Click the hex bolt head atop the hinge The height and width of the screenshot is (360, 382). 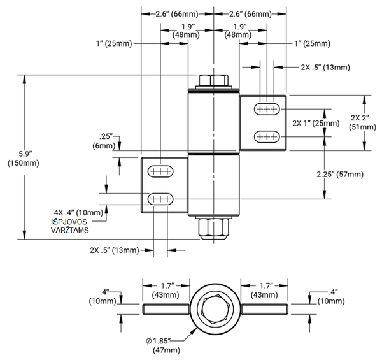click(213, 80)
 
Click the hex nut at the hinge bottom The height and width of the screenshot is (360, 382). click(213, 227)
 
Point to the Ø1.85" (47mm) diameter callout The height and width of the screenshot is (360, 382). click(167, 345)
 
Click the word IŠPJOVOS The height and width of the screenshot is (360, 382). click(68, 221)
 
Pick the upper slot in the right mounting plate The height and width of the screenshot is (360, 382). click(268, 110)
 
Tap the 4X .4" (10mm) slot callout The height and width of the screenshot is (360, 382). click(78, 212)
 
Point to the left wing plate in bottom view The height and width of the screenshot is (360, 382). click(166, 310)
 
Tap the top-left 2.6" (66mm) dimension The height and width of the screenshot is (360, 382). click(176, 13)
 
